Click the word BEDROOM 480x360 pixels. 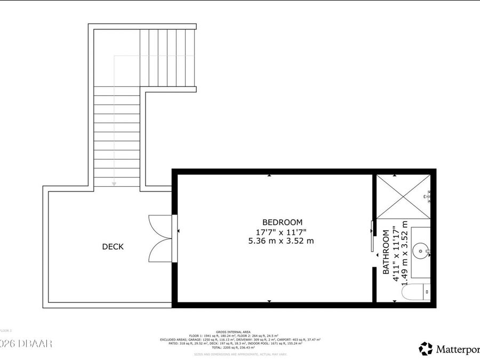coord(282,222)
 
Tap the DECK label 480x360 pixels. coord(113,246)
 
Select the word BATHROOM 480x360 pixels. coord(386,252)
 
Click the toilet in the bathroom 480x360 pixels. coord(416,292)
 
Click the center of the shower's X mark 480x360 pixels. coord(403,196)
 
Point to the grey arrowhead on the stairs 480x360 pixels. coord(114,183)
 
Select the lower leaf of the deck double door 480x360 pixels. coord(161,249)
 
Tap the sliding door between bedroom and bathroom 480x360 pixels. coord(373,235)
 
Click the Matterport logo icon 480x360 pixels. coord(426,349)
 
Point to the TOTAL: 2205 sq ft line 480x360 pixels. coord(233,348)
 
